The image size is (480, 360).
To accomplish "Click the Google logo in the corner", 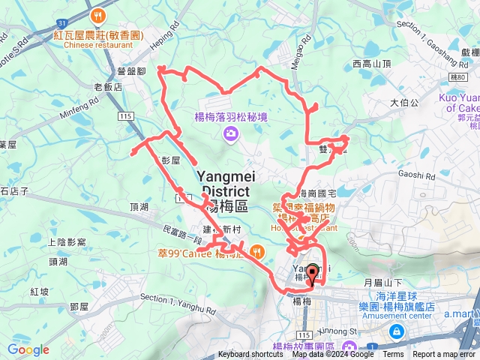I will tap(28, 349).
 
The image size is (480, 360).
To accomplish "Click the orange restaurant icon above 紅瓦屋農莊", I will tap(96, 16).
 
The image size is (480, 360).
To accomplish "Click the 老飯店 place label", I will tap(107, 86).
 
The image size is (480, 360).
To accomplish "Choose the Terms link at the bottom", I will tap(393, 355).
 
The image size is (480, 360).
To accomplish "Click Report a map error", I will tap(445, 355).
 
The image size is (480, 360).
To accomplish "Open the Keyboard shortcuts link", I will tap(250, 355).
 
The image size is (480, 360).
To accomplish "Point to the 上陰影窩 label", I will tap(67, 242).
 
